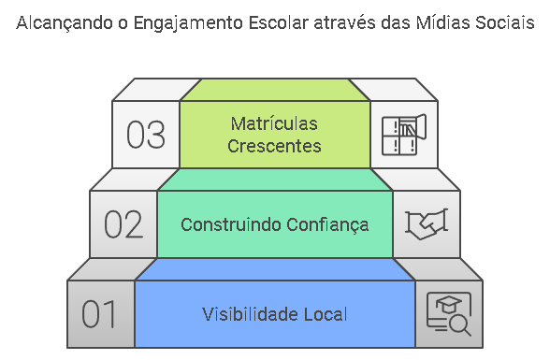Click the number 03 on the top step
[x=146, y=135]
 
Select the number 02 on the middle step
[x=123, y=224]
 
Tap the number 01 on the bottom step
[x=98, y=314]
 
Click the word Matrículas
[x=274, y=123]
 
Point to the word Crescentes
[x=274, y=146]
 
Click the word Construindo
[x=231, y=224]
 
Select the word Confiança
[x=327, y=225]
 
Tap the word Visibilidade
[x=250, y=314]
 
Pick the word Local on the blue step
[x=326, y=314]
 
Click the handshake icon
[x=427, y=224]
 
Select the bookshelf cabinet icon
[x=404, y=135]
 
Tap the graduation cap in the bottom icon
[x=449, y=304]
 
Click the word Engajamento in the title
[x=188, y=23]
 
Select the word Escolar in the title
[x=279, y=23]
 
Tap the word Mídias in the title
[x=443, y=23]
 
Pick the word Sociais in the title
[x=505, y=23]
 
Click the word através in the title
[x=345, y=23]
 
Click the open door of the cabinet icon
[x=421, y=127]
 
